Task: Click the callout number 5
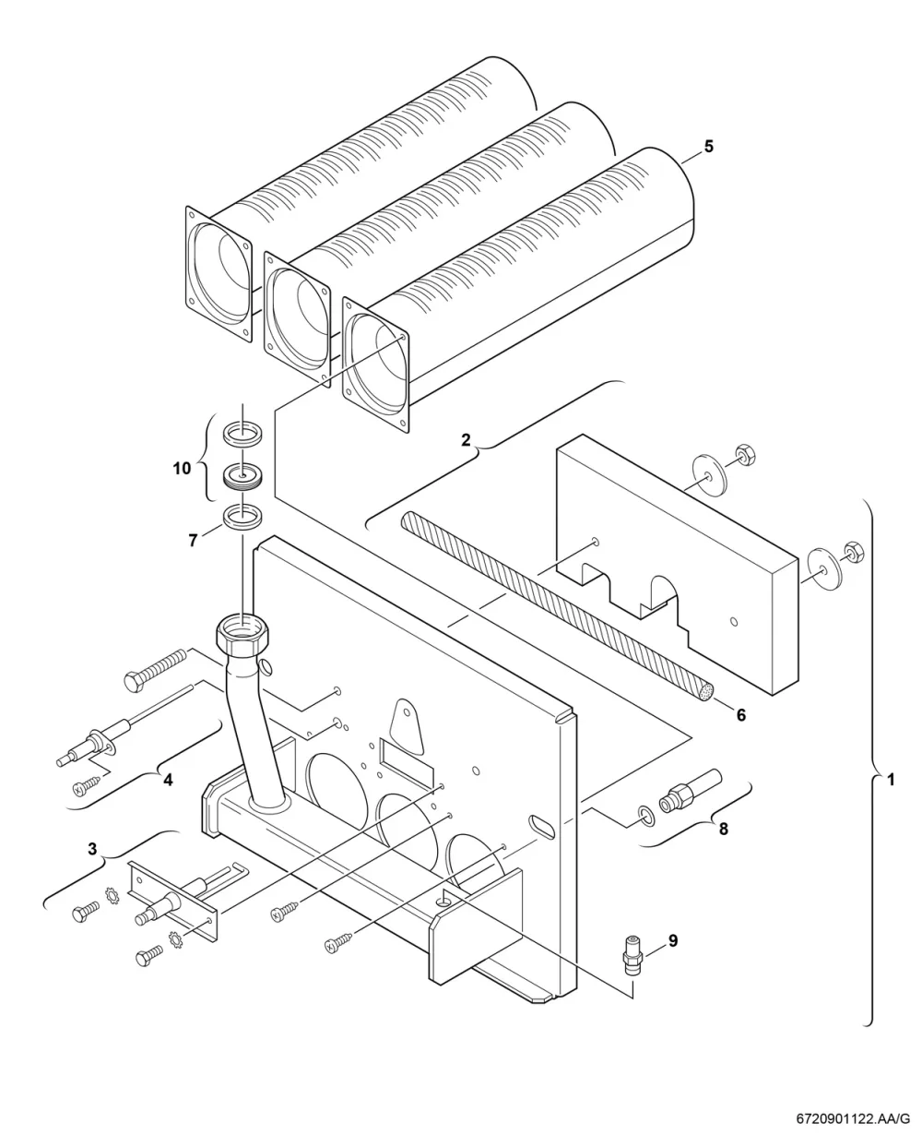(x=708, y=147)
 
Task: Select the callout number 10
(x=182, y=469)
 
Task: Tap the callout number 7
(x=194, y=541)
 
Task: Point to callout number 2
(x=466, y=440)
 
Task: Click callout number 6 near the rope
(x=741, y=715)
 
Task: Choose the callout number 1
(x=891, y=780)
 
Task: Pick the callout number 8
(x=724, y=830)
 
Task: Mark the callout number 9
(x=673, y=941)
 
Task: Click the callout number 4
(x=168, y=780)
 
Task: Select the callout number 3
(x=92, y=848)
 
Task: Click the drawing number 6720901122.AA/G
(x=853, y=1118)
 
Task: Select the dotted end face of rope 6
(x=706, y=692)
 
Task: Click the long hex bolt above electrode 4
(x=155, y=670)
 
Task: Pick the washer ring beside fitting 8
(x=646, y=816)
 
